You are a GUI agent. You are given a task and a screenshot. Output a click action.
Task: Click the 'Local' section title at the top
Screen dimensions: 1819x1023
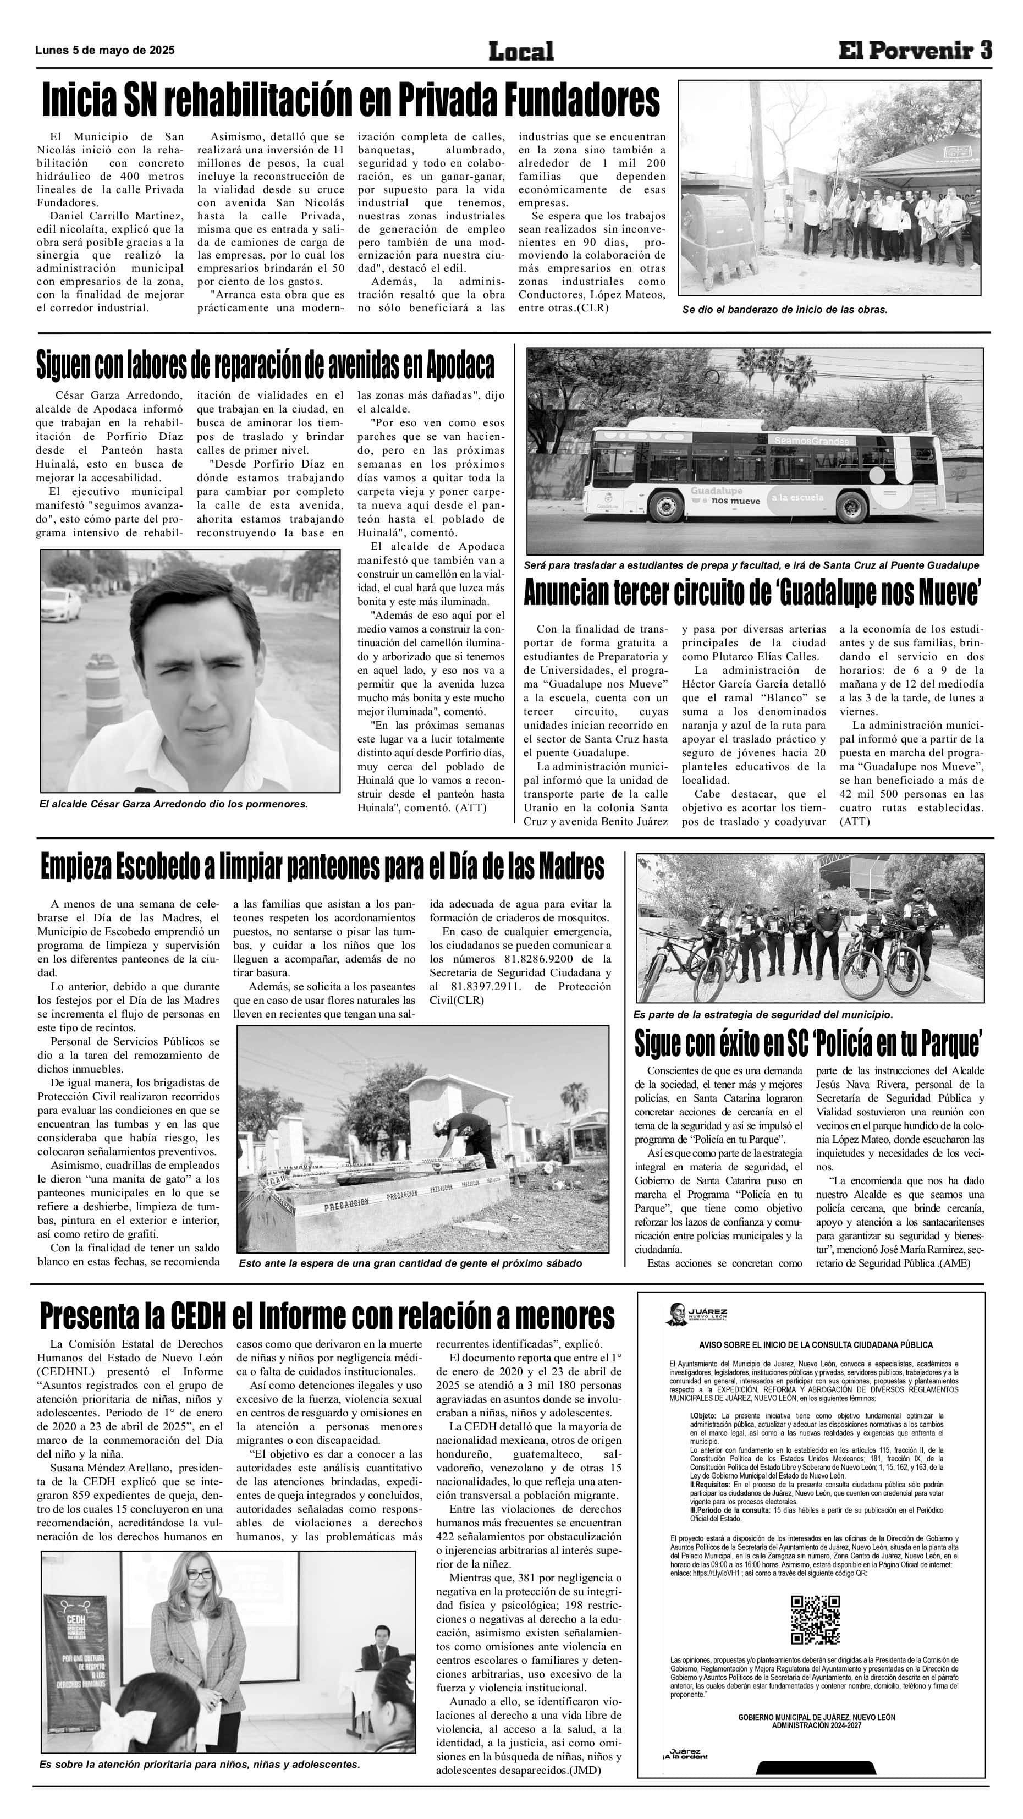(x=521, y=51)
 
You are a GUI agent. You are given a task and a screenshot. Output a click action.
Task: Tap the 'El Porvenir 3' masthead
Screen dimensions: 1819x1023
(x=915, y=51)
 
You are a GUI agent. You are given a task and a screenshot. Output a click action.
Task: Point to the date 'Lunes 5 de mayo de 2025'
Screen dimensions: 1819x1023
(x=105, y=51)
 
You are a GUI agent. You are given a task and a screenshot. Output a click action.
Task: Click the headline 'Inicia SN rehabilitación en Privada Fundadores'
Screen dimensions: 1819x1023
(x=351, y=100)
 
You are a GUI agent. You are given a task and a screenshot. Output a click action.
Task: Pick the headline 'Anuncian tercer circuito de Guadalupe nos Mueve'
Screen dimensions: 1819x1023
(x=752, y=592)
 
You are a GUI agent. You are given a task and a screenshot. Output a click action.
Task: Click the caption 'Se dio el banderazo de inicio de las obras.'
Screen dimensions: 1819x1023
(x=784, y=309)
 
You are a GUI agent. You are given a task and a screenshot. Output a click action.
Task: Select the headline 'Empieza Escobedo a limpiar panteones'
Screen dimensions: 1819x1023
(x=323, y=866)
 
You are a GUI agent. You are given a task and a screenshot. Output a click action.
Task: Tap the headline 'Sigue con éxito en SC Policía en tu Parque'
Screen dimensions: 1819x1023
(x=809, y=1043)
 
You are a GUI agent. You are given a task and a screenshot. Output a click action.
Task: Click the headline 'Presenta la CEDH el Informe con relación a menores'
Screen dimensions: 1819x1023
(x=327, y=1316)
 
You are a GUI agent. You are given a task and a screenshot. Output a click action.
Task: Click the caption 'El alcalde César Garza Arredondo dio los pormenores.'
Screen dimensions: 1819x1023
(x=174, y=804)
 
